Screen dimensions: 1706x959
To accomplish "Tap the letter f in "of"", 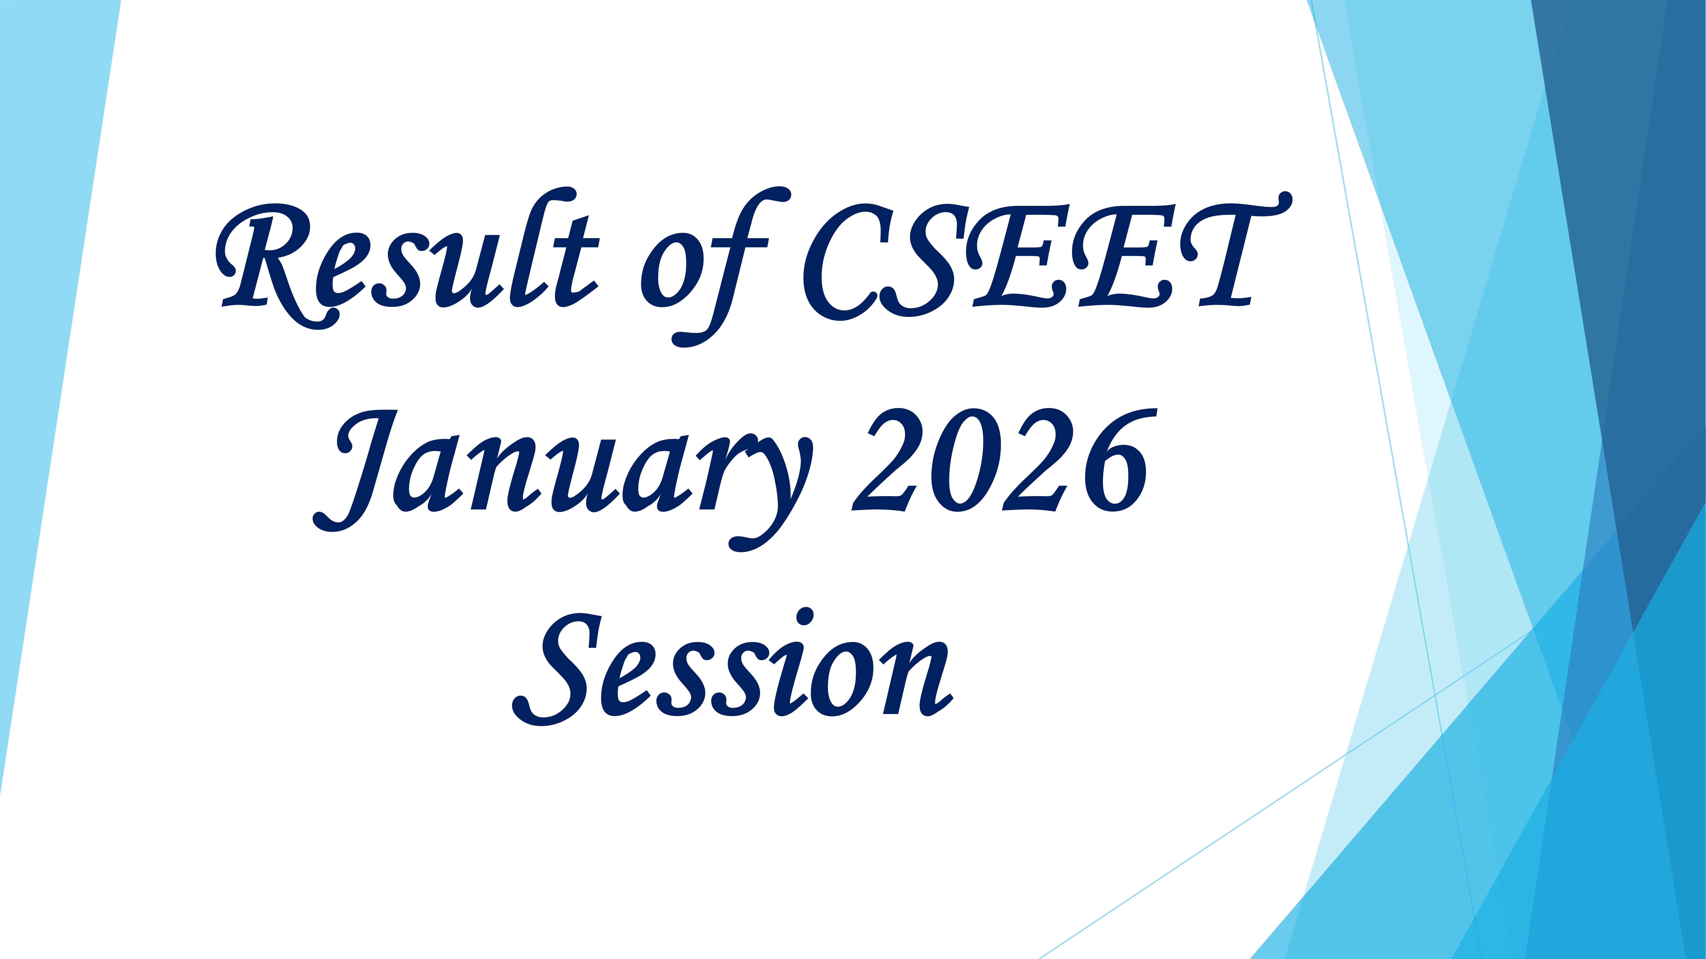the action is [x=732, y=265].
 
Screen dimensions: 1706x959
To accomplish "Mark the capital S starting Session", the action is [x=556, y=669].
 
